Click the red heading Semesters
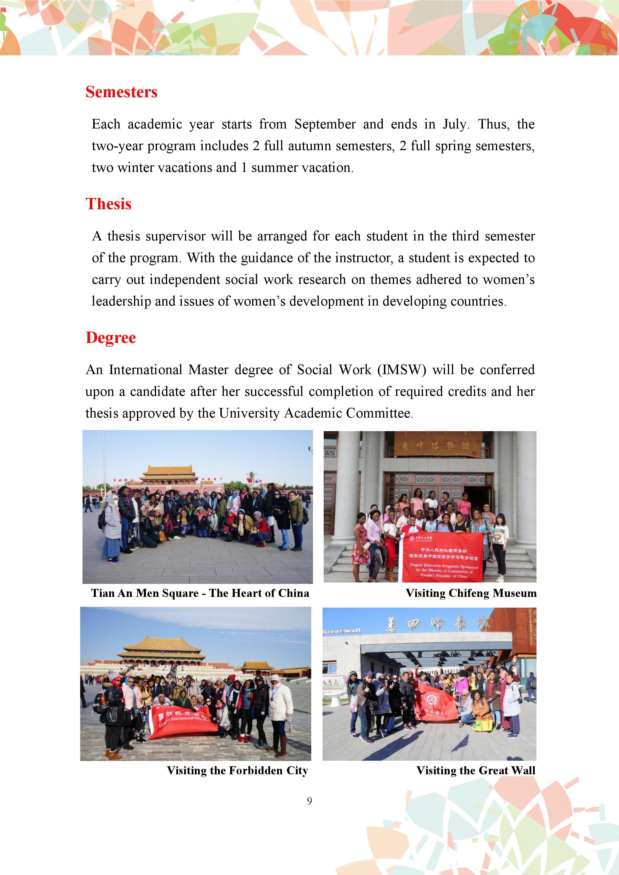121,92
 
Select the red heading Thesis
108,204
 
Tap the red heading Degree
111,338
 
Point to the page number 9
309,801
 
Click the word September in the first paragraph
325,124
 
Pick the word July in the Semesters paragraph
454,124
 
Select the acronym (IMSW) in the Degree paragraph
402,370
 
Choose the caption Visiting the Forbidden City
237,770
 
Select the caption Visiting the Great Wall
476,770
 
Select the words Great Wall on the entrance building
341,631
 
